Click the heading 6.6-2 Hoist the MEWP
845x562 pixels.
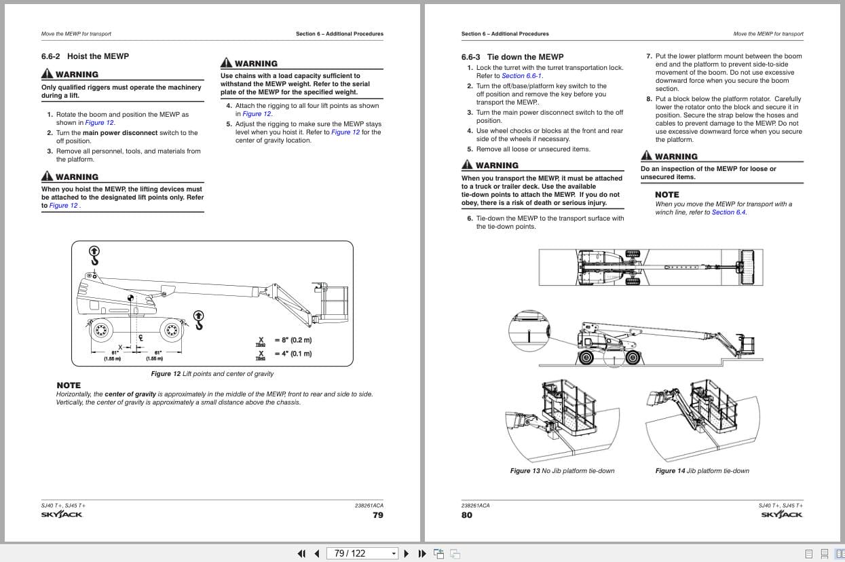85,56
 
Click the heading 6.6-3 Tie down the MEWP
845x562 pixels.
512,57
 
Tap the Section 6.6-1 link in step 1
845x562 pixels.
521,76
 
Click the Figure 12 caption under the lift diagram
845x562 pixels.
212,374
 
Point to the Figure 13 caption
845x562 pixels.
562,471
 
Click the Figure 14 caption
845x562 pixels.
702,471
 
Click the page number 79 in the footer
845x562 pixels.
378,515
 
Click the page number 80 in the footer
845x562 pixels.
467,515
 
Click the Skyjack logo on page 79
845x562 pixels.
62,514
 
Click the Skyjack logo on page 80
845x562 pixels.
782,514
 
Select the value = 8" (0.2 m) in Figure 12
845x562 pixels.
293,339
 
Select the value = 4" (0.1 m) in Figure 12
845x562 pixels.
293,354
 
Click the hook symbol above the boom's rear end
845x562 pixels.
94,255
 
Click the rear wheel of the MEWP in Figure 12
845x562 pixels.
101,331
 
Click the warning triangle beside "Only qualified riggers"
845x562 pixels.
47,74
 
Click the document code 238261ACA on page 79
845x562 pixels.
369,506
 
